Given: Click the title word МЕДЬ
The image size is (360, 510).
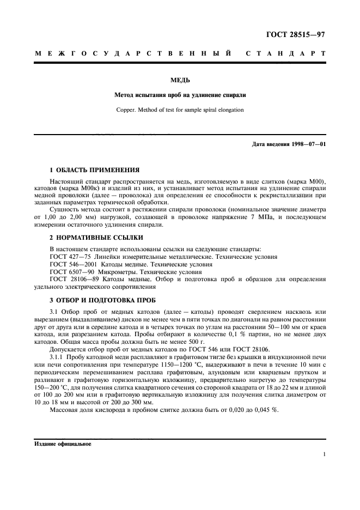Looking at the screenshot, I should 180,80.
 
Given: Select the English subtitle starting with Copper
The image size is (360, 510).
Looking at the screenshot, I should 180,110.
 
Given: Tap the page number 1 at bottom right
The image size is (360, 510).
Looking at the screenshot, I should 324,454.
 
